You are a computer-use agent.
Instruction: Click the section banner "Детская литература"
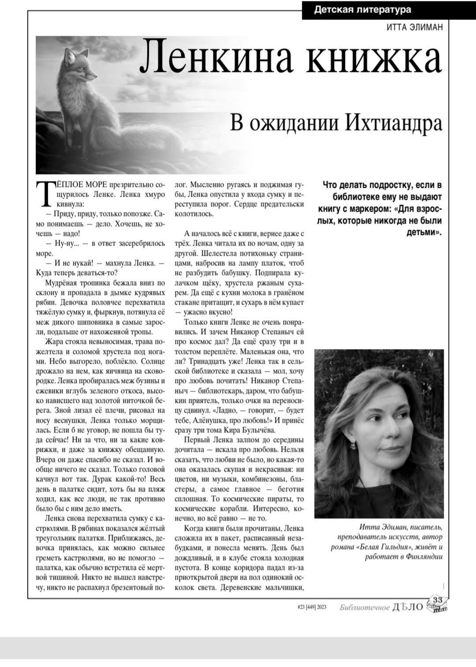coord(362,10)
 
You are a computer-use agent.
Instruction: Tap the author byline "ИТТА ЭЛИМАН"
coord(414,27)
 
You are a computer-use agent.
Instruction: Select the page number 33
coord(437,600)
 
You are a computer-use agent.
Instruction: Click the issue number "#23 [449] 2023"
coord(312,607)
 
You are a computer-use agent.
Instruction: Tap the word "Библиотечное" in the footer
coord(364,608)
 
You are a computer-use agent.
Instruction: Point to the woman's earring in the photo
coord(353,446)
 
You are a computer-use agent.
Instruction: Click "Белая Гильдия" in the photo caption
coord(393,547)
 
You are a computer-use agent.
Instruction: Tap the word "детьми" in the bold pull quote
coord(422,232)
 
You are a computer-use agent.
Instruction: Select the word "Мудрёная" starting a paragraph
coord(61,283)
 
